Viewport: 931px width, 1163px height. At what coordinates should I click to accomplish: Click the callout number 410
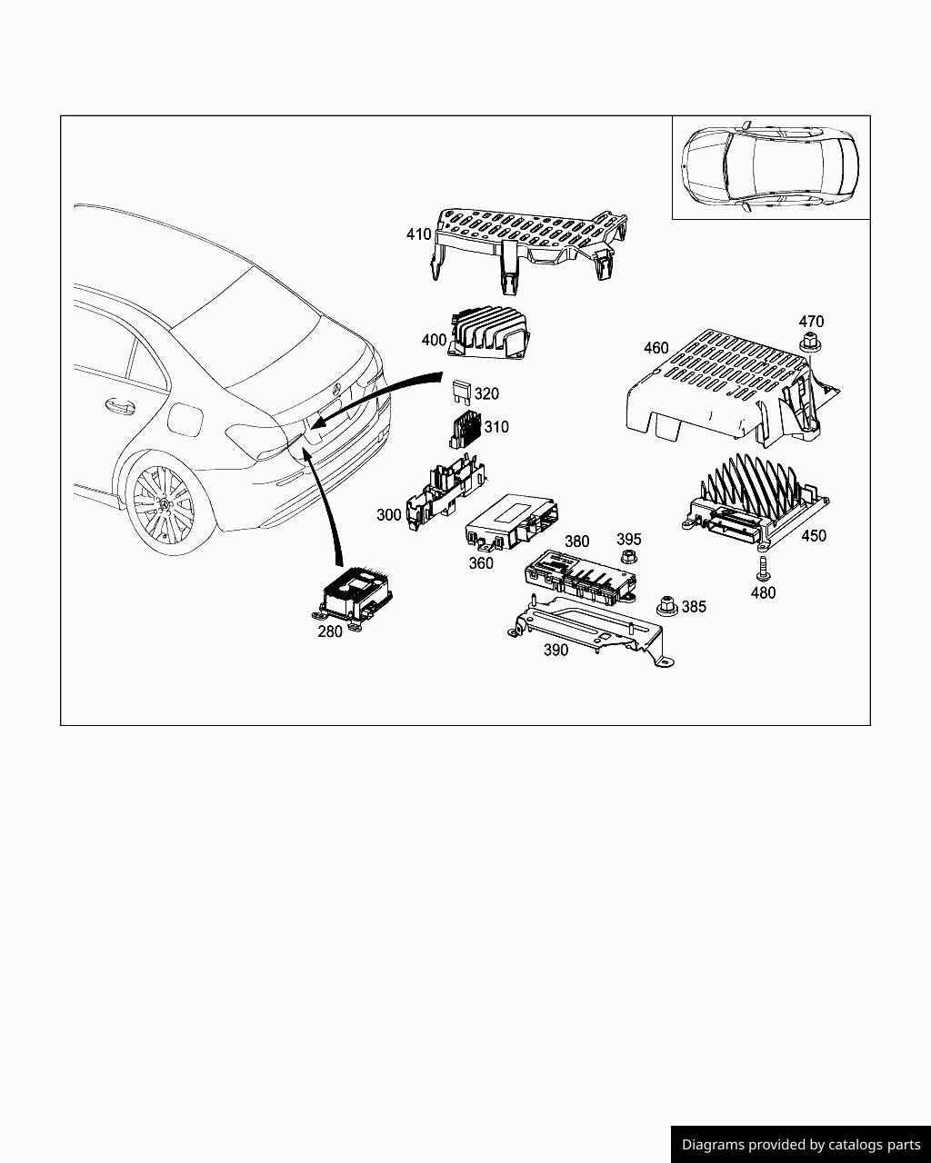point(418,234)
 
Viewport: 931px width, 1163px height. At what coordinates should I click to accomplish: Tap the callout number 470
point(811,322)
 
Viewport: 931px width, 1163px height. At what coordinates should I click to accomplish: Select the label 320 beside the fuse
point(486,394)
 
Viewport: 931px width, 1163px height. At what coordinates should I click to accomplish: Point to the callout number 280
point(329,631)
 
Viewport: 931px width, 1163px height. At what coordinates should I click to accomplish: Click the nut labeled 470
point(809,343)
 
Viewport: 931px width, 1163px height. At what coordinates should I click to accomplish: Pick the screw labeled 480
point(763,569)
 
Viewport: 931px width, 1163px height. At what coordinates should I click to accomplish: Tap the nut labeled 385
point(666,604)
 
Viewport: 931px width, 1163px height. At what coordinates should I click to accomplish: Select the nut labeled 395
point(626,558)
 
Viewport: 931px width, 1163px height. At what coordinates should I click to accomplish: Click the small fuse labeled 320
point(461,392)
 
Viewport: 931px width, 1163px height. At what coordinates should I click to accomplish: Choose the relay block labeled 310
point(466,429)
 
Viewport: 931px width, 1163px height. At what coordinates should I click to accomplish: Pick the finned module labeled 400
point(487,334)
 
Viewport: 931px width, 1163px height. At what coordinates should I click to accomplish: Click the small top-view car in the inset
point(770,165)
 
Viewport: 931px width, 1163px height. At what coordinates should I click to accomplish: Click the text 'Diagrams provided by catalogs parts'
point(801,1145)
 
